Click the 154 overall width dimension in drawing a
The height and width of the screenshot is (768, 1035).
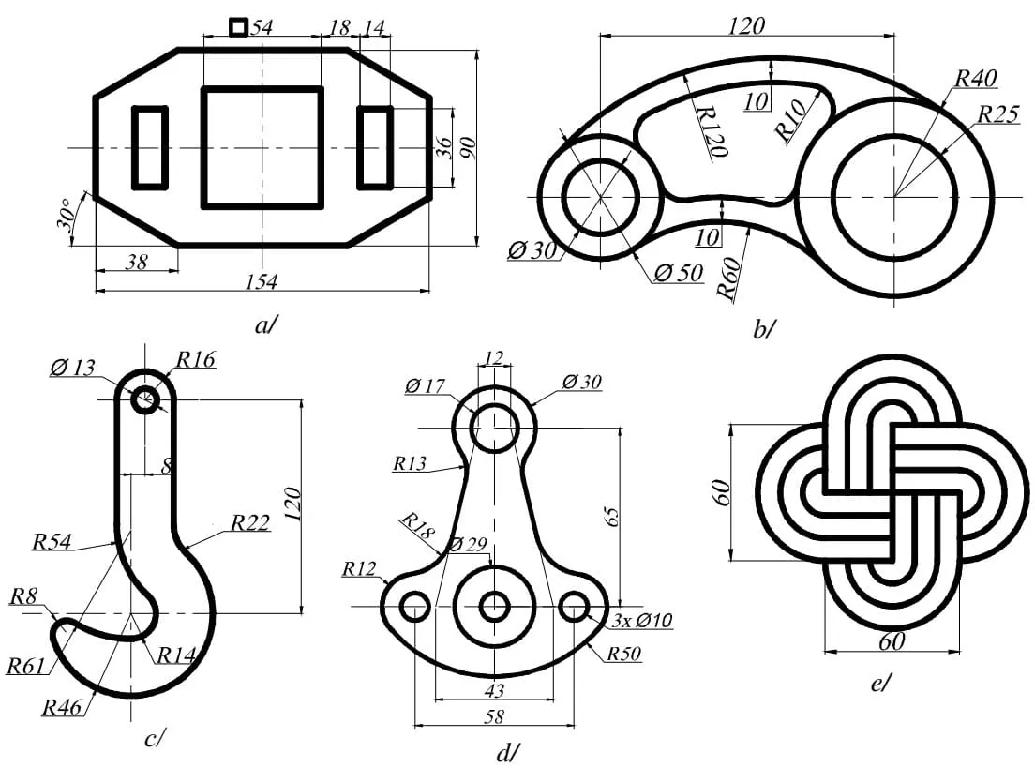(262, 281)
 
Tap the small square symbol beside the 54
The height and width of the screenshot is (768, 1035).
(239, 27)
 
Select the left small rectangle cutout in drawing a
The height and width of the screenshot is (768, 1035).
(150, 147)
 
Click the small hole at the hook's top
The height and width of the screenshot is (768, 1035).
(145, 400)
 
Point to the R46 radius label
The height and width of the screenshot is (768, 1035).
(61, 706)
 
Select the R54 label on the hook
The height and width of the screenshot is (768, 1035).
(54, 541)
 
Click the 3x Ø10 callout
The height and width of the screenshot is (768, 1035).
(641, 620)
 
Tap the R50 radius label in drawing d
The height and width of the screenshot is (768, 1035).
(622, 654)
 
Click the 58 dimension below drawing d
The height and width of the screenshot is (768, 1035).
(494, 716)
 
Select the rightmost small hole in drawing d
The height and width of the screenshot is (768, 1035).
(574, 608)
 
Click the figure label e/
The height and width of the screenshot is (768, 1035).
(881, 685)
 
